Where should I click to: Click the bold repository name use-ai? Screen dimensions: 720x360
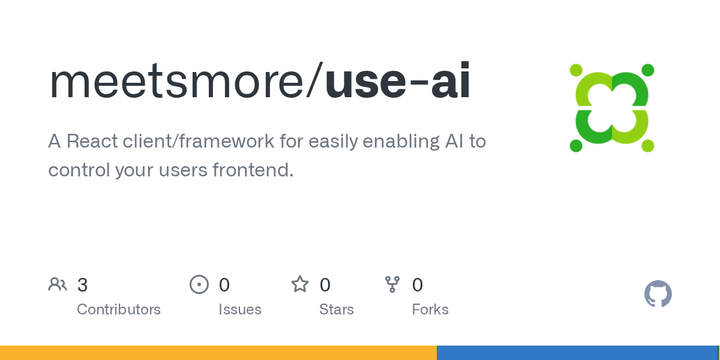pos(398,80)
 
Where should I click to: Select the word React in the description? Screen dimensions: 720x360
pos(92,141)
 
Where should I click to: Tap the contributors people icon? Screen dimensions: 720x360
pos(58,284)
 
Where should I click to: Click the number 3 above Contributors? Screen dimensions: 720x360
pos(82,285)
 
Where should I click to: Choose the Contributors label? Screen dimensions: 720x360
pos(119,310)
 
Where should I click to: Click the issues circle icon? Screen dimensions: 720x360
pos(199,284)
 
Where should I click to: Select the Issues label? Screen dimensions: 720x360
pos(240,310)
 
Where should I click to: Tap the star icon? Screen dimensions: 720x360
pos(300,284)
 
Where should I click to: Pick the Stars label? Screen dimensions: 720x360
pos(337,310)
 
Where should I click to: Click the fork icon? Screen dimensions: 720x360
pos(392,284)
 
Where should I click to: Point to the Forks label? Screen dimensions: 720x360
pos(430,310)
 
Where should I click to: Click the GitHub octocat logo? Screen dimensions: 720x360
pos(658,294)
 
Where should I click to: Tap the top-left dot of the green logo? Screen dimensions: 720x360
pos(576,70)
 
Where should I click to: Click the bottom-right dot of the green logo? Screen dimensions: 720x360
pos(647,146)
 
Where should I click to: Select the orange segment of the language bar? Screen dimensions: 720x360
pos(218,353)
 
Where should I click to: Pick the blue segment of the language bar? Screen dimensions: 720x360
pos(577,353)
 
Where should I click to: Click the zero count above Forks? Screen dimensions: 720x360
pos(417,285)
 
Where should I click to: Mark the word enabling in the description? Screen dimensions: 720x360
pos(401,142)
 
